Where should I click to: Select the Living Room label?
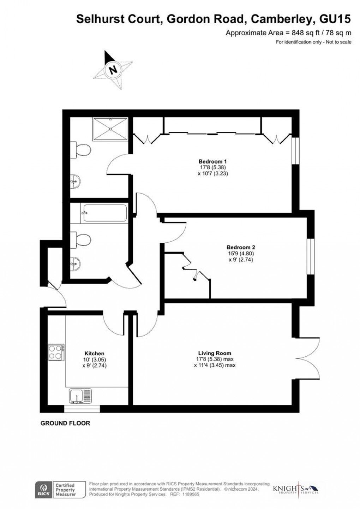tap(215, 353)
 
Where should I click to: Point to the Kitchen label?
tap(94, 353)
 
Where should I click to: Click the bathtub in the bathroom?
tap(104, 213)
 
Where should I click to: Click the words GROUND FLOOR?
tap(65, 423)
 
